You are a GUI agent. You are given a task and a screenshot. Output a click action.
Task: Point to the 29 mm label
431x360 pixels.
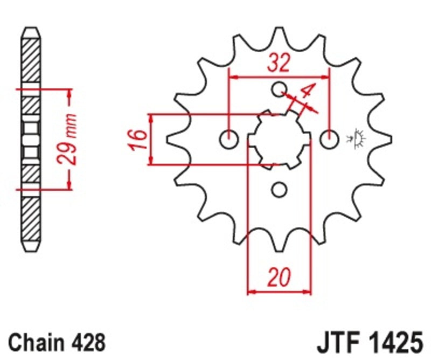68,139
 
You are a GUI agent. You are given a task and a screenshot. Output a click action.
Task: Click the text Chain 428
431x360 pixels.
57,342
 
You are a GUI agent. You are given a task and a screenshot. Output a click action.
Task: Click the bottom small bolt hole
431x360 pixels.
279,189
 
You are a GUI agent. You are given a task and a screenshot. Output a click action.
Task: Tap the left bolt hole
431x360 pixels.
228,140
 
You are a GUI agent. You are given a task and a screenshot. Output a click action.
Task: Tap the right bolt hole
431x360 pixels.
329,140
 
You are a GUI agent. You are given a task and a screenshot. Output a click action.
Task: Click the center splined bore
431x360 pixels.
279,140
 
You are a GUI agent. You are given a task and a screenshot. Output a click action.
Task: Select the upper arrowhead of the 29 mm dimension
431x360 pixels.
69,95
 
